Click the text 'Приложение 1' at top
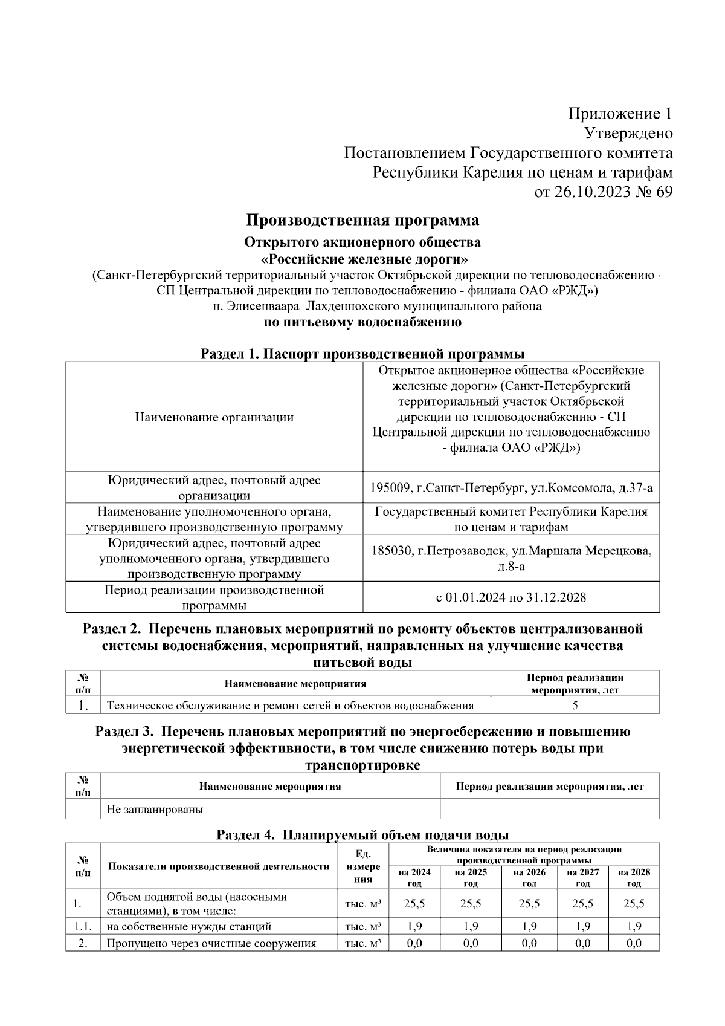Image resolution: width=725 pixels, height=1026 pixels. tap(620, 114)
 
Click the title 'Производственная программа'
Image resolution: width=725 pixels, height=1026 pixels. tap(362, 220)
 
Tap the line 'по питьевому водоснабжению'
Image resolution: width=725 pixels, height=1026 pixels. tap(362, 322)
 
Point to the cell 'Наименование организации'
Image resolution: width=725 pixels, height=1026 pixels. tap(214, 417)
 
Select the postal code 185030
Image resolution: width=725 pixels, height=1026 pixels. tap(393, 551)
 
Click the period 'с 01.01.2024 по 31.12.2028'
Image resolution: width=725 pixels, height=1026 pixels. tap(511, 597)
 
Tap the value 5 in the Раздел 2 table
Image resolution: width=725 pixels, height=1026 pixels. tap(575, 705)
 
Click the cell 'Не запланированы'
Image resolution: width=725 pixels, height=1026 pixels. tap(155, 809)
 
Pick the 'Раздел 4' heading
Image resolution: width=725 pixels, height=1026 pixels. tap(362, 836)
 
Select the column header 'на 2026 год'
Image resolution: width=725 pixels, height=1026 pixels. tap(529, 877)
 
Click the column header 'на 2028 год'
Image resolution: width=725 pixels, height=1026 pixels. tap(634, 877)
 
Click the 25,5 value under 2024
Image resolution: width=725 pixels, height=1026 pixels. tap(414, 904)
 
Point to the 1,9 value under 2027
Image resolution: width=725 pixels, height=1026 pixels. tap(582, 926)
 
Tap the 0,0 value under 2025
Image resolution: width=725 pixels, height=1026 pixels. tap(471, 943)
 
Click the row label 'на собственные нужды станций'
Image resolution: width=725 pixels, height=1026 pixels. tap(189, 926)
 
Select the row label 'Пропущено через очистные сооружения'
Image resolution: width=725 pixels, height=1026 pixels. tap(211, 943)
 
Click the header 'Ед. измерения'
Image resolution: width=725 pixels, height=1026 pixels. tap(362, 866)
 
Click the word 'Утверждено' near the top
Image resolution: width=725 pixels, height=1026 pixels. tap(628, 133)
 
